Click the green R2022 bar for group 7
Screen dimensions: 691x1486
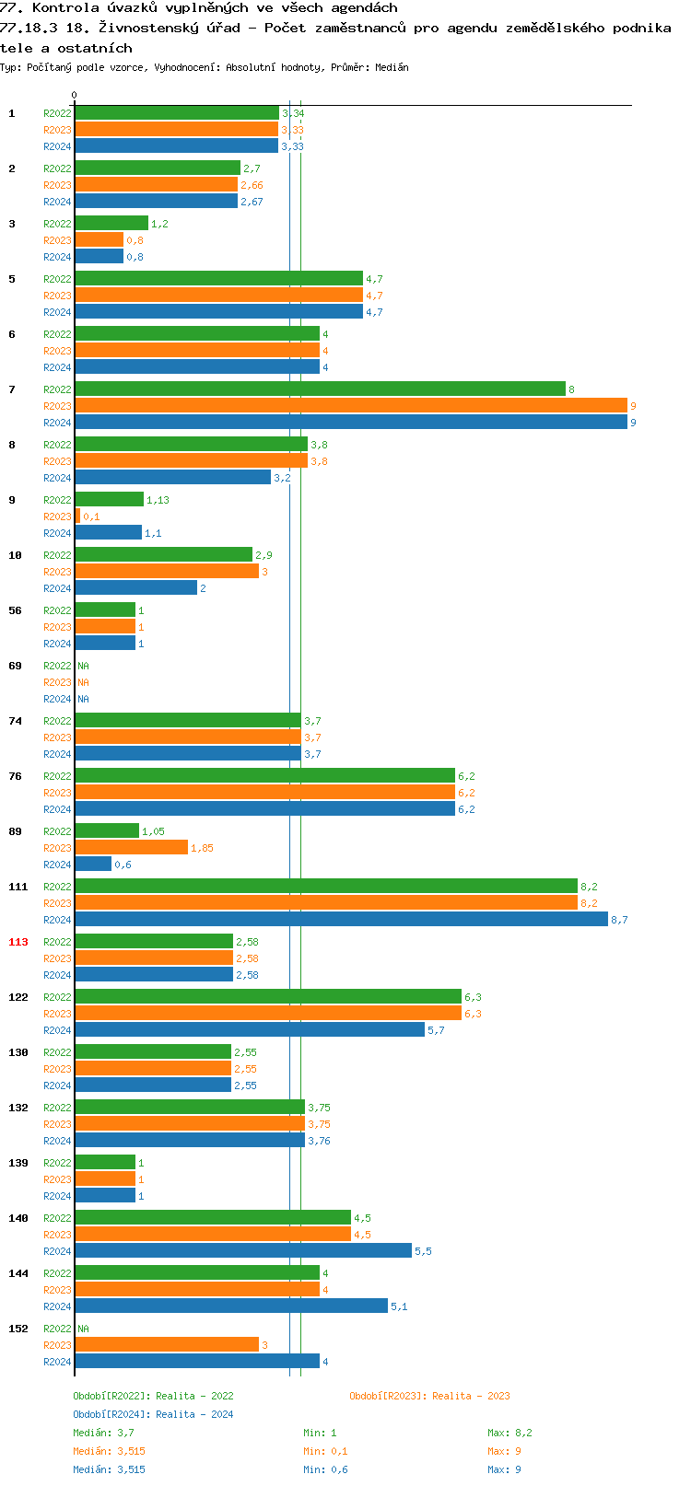click(x=320, y=389)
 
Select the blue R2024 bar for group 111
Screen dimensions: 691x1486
click(x=341, y=919)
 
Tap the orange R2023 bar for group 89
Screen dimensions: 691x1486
click(x=132, y=847)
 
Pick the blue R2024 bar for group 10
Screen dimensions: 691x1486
click(x=136, y=587)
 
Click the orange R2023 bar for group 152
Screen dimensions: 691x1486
click(x=167, y=1344)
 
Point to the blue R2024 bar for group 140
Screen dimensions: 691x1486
click(x=243, y=1250)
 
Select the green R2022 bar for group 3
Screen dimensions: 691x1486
click(x=111, y=223)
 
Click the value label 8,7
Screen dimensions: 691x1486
click(x=619, y=920)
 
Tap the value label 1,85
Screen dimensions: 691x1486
click(x=202, y=848)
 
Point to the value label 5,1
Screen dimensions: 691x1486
click(x=399, y=1306)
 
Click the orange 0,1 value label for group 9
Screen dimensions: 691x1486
click(x=91, y=517)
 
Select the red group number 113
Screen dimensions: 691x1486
click(x=18, y=941)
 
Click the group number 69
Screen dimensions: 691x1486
click(x=15, y=666)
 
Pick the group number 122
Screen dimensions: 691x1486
click(x=18, y=996)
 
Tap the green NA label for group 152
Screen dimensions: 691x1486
click(x=83, y=1329)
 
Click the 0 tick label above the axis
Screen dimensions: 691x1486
click(x=74, y=95)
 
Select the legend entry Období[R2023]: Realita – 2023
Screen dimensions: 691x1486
click(x=429, y=1395)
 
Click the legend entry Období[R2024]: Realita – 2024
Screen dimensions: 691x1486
click(x=153, y=1413)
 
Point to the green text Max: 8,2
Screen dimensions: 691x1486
click(x=509, y=1433)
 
